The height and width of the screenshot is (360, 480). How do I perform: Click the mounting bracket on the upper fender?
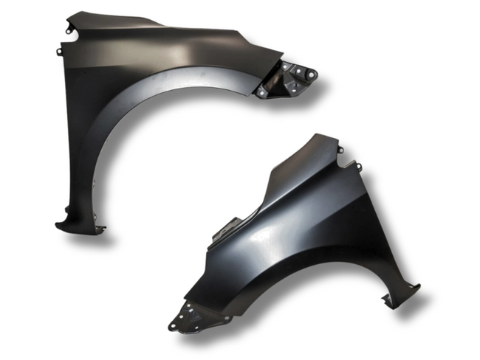(x=288, y=80)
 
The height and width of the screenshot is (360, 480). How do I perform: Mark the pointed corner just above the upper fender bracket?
(x=280, y=53)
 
